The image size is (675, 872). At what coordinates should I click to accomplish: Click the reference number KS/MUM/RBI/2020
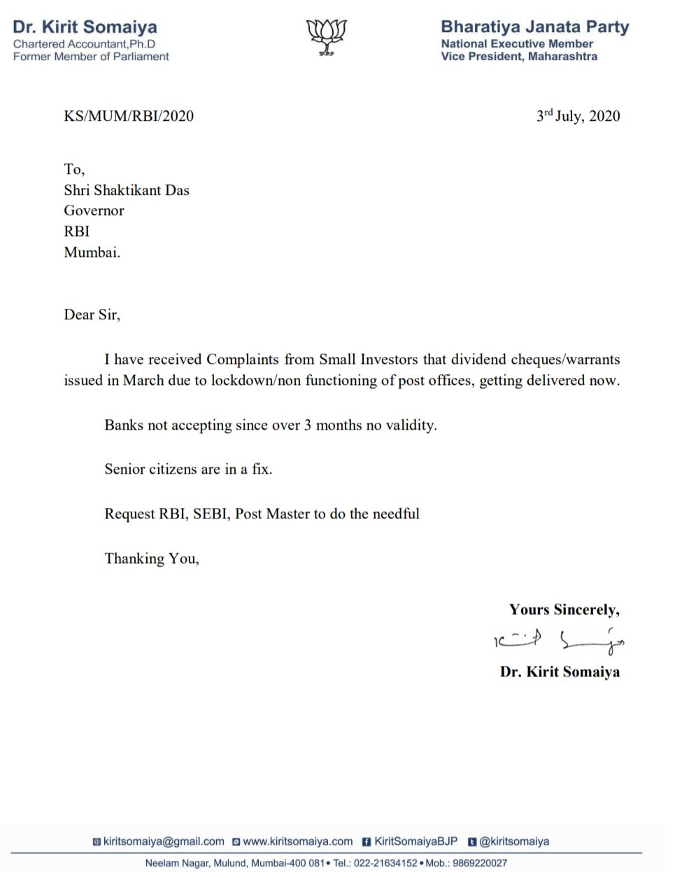tap(129, 116)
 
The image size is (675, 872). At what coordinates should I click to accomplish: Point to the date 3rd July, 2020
tap(578, 116)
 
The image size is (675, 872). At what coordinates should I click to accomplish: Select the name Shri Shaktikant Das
tap(127, 190)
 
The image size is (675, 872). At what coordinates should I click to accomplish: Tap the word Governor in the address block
tap(94, 210)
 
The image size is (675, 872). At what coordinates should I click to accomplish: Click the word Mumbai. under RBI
tap(92, 252)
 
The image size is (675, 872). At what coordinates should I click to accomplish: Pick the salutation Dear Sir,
tap(92, 314)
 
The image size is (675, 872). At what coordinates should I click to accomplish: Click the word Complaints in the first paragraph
tap(242, 359)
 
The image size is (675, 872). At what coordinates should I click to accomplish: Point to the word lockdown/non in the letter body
tap(256, 380)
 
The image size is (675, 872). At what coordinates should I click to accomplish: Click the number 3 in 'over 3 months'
tap(307, 425)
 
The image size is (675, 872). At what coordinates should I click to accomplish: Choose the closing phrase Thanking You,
tap(152, 558)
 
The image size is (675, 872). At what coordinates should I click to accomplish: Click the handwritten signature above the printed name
tap(558, 640)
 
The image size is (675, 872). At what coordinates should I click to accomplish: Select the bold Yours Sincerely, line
tap(564, 610)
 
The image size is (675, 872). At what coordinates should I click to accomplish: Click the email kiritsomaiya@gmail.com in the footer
tap(164, 841)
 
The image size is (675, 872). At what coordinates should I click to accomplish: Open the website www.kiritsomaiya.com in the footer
tap(297, 841)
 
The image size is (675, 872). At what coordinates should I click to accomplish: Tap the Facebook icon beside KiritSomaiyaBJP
tap(366, 842)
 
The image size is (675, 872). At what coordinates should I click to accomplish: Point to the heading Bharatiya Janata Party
tap(534, 27)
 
